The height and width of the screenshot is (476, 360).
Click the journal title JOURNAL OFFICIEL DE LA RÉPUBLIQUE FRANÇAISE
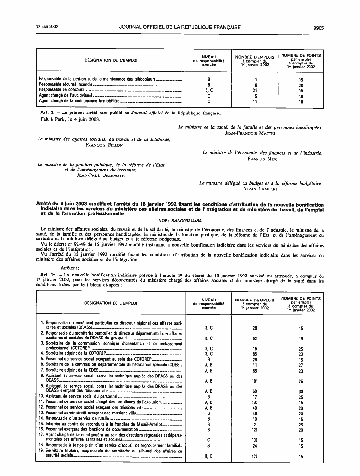(x=180, y=28)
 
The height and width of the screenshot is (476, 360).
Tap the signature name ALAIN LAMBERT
(x=260, y=188)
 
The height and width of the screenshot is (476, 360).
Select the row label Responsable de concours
(x=60, y=90)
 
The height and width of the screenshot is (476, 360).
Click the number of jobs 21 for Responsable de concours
(x=256, y=90)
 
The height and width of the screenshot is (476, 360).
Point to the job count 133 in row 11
(x=256, y=402)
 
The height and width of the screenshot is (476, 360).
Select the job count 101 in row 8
(x=256, y=381)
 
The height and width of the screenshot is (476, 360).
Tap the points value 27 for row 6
(x=301, y=365)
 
